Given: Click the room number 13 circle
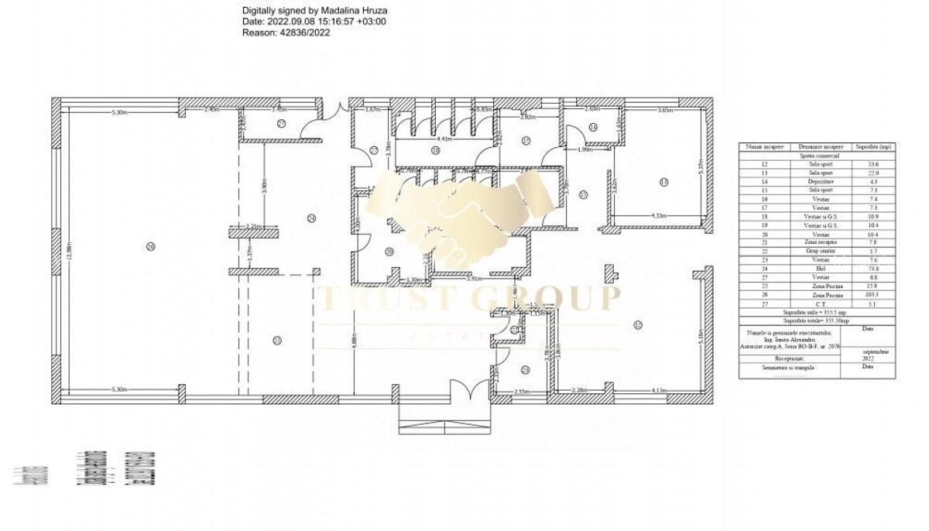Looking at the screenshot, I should click(663, 182).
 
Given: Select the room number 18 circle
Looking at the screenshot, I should click(436, 150).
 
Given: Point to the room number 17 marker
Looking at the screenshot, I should click(526, 141).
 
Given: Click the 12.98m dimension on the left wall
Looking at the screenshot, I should click(69, 248).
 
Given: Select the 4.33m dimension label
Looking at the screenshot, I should click(660, 216).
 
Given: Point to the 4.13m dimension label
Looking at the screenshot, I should click(660, 390).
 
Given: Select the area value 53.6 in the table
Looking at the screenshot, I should click(873, 164).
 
